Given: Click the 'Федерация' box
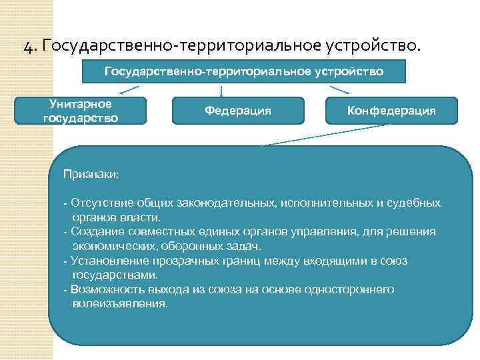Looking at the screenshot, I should click(x=238, y=111).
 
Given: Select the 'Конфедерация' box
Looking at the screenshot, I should click(x=391, y=111).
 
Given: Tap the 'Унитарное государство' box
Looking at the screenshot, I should click(x=81, y=111).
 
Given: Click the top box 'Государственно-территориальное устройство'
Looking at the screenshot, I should click(x=244, y=71).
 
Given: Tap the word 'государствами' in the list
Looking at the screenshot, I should click(x=114, y=275).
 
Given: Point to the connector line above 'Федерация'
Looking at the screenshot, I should click(x=221, y=90).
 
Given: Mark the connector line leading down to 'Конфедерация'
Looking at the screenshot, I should click(x=340, y=89).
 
